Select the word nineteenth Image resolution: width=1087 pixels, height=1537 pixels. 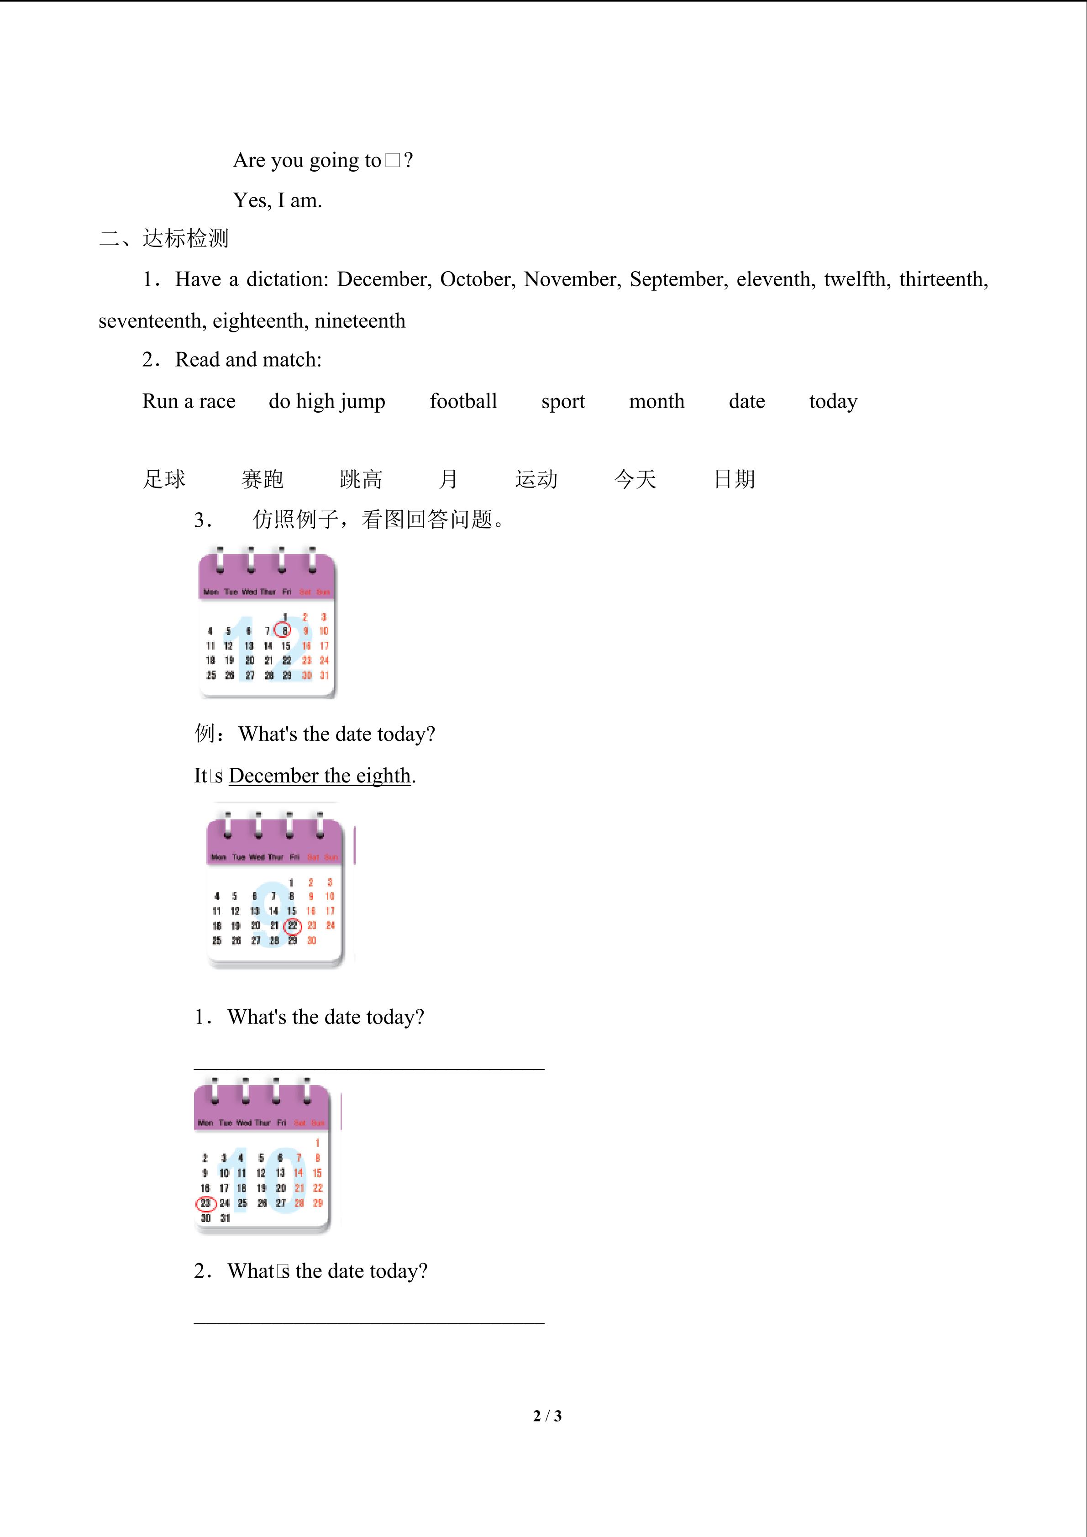pyautogui.click(x=360, y=320)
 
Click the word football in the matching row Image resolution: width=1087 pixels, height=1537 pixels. pyautogui.click(x=463, y=401)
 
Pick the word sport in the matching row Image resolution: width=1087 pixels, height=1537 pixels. pyautogui.click(x=563, y=401)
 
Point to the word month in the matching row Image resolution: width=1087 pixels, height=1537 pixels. pyautogui.click(x=656, y=401)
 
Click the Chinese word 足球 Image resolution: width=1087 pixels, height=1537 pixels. pyautogui.click(x=164, y=479)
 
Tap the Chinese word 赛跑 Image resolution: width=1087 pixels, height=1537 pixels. pyautogui.click(x=263, y=479)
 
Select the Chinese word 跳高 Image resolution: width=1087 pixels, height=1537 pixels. pyautogui.click(x=361, y=479)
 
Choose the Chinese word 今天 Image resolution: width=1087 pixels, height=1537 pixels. pyautogui.click(x=635, y=479)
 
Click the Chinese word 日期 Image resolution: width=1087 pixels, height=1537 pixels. pyautogui.click(x=734, y=479)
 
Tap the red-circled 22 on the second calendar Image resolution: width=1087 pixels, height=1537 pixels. pyautogui.click(x=293, y=926)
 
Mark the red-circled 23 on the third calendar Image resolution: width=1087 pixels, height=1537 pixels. pyautogui.click(x=205, y=1203)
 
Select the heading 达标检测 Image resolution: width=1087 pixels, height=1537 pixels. pyautogui.click(x=185, y=238)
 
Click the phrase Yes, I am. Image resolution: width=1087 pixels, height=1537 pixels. pyautogui.click(x=277, y=200)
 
